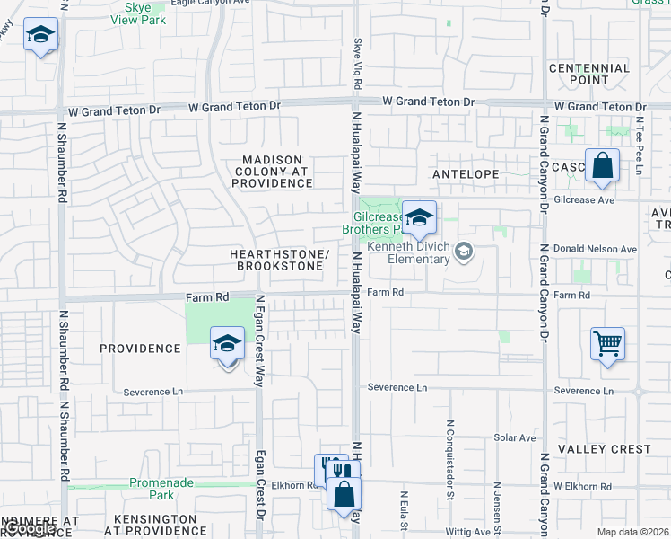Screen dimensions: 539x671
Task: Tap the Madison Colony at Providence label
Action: [271, 171]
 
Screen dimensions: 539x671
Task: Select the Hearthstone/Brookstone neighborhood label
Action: [279, 261]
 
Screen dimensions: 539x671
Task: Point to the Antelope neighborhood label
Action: [465, 173]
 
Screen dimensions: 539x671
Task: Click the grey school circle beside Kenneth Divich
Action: [463, 252]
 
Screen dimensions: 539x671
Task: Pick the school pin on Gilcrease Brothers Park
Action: [418, 218]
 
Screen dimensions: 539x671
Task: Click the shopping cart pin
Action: [607, 343]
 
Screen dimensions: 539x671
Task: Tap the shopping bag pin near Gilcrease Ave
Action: [602, 166]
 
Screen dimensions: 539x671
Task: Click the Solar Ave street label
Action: [514, 438]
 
